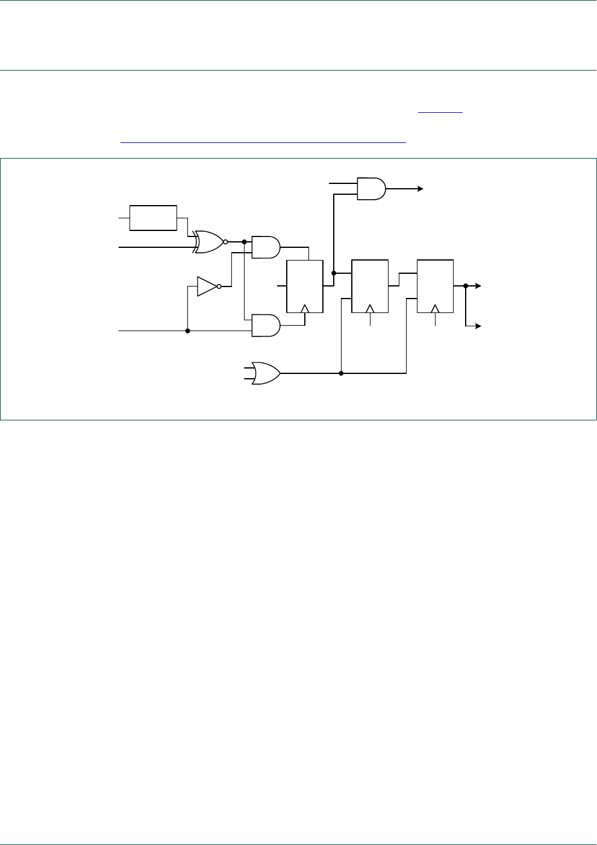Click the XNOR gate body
pyautogui.click(x=208, y=242)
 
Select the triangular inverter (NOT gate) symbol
pyautogui.click(x=207, y=286)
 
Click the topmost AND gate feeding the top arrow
pyautogui.click(x=371, y=189)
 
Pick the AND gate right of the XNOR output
pyautogui.click(x=265, y=247)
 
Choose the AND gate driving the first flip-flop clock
pyautogui.click(x=265, y=325)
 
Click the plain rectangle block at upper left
pyautogui.click(x=154, y=218)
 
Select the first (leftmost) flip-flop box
pyautogui.click(x=305, y=286)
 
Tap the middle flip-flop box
pyautogui.click(x=370, y=286)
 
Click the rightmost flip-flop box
pyautogui.click(x=435, y=286)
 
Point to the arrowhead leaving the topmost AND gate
pyautogui.click(x=420, y=189)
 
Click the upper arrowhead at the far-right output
pyautogui.click(x=478, y=286)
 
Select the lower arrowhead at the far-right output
pyautogui.click(x=478, y=326)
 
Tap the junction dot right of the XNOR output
pyautogui.click(x=244, y=242)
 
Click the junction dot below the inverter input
pyautogui.click(x=188, y=331)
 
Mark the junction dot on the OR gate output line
pyautogui.click(x=341, y=373)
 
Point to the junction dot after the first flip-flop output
pyautogui.click(x=334, y=273)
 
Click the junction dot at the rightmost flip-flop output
pyautogui.click(x=466, y=286)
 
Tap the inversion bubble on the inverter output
pyautogui.click(x=219, y=286)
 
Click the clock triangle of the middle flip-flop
pyautogui.click(x=370, y=309)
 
